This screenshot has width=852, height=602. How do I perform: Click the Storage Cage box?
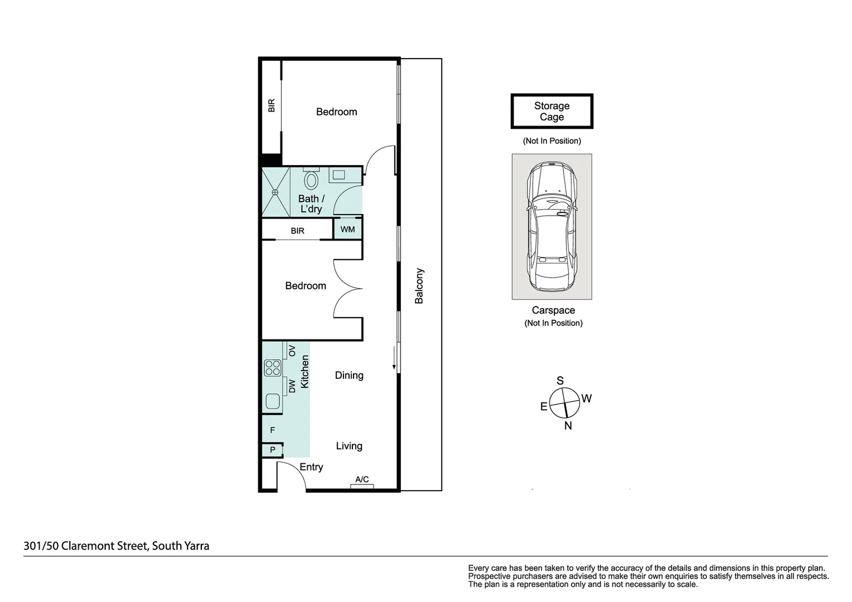point(551,111)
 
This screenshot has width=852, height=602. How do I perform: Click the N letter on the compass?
point(568,426)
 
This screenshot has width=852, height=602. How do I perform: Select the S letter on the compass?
point(560,381)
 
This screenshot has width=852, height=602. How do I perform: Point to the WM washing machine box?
point(347,230)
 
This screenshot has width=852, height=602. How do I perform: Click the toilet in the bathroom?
point(311,180)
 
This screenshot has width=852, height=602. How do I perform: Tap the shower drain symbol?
point(275,192)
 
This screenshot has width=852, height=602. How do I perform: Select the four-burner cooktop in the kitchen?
point(273,368)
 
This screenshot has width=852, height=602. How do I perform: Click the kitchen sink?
point(273,401)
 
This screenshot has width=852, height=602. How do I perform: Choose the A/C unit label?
point(362,479)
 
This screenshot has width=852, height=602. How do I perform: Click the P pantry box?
point(273,450)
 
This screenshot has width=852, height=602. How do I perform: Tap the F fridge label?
point(273,430)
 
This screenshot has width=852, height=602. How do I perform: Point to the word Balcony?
point(419,286)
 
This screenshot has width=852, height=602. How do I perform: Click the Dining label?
point(349,376)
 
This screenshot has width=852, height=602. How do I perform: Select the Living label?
point(349,446)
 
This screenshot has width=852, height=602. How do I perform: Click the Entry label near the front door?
point(311,467)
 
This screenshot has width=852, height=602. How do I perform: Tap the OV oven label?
point(292,351)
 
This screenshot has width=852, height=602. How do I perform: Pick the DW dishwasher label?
point(292,386)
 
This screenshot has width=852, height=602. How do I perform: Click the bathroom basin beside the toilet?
point(338,175)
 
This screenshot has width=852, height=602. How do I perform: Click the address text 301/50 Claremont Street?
point(117,546)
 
